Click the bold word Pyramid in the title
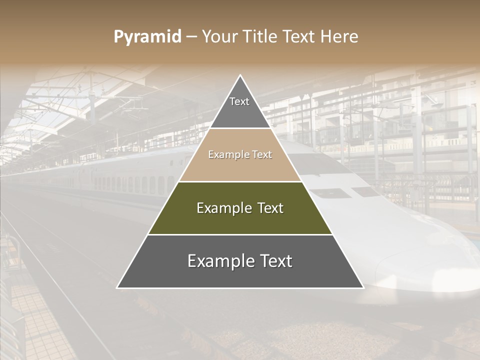point(147,36)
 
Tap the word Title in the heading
point(262,36)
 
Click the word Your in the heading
point(220,36)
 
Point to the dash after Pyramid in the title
point(191,37)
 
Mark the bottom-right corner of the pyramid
point(362,287)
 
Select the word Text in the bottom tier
point(276,261)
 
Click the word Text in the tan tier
point(261,155)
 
